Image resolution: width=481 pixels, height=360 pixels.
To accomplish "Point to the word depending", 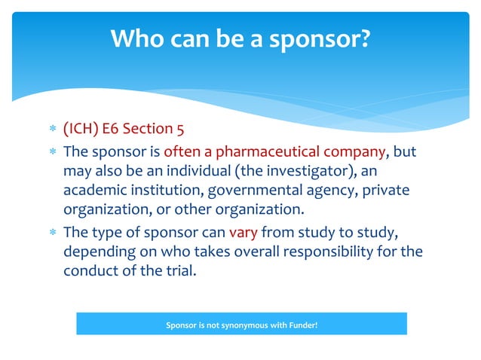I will [x=97, y=249].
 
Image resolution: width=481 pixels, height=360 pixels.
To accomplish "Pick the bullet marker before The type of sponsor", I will [x=52, y=230].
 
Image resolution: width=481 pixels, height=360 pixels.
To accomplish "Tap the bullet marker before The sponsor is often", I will [x=52, y=151].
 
